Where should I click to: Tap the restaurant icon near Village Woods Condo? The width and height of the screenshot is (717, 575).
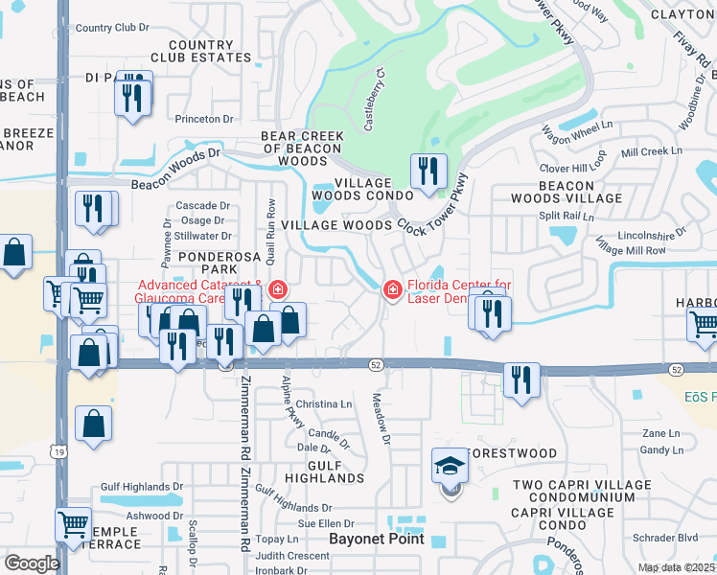(428, 172)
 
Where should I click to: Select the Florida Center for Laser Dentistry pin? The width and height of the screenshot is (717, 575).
(392, 288)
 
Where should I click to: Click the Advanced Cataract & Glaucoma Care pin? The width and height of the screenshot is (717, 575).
(278, 288)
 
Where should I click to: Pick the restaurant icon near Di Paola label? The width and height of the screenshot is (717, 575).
(132, 96)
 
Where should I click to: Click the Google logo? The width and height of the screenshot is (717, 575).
(32, 563)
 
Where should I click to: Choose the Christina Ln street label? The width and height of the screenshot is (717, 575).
(323, 404)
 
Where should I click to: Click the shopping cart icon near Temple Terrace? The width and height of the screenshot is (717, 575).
(74, 522)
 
